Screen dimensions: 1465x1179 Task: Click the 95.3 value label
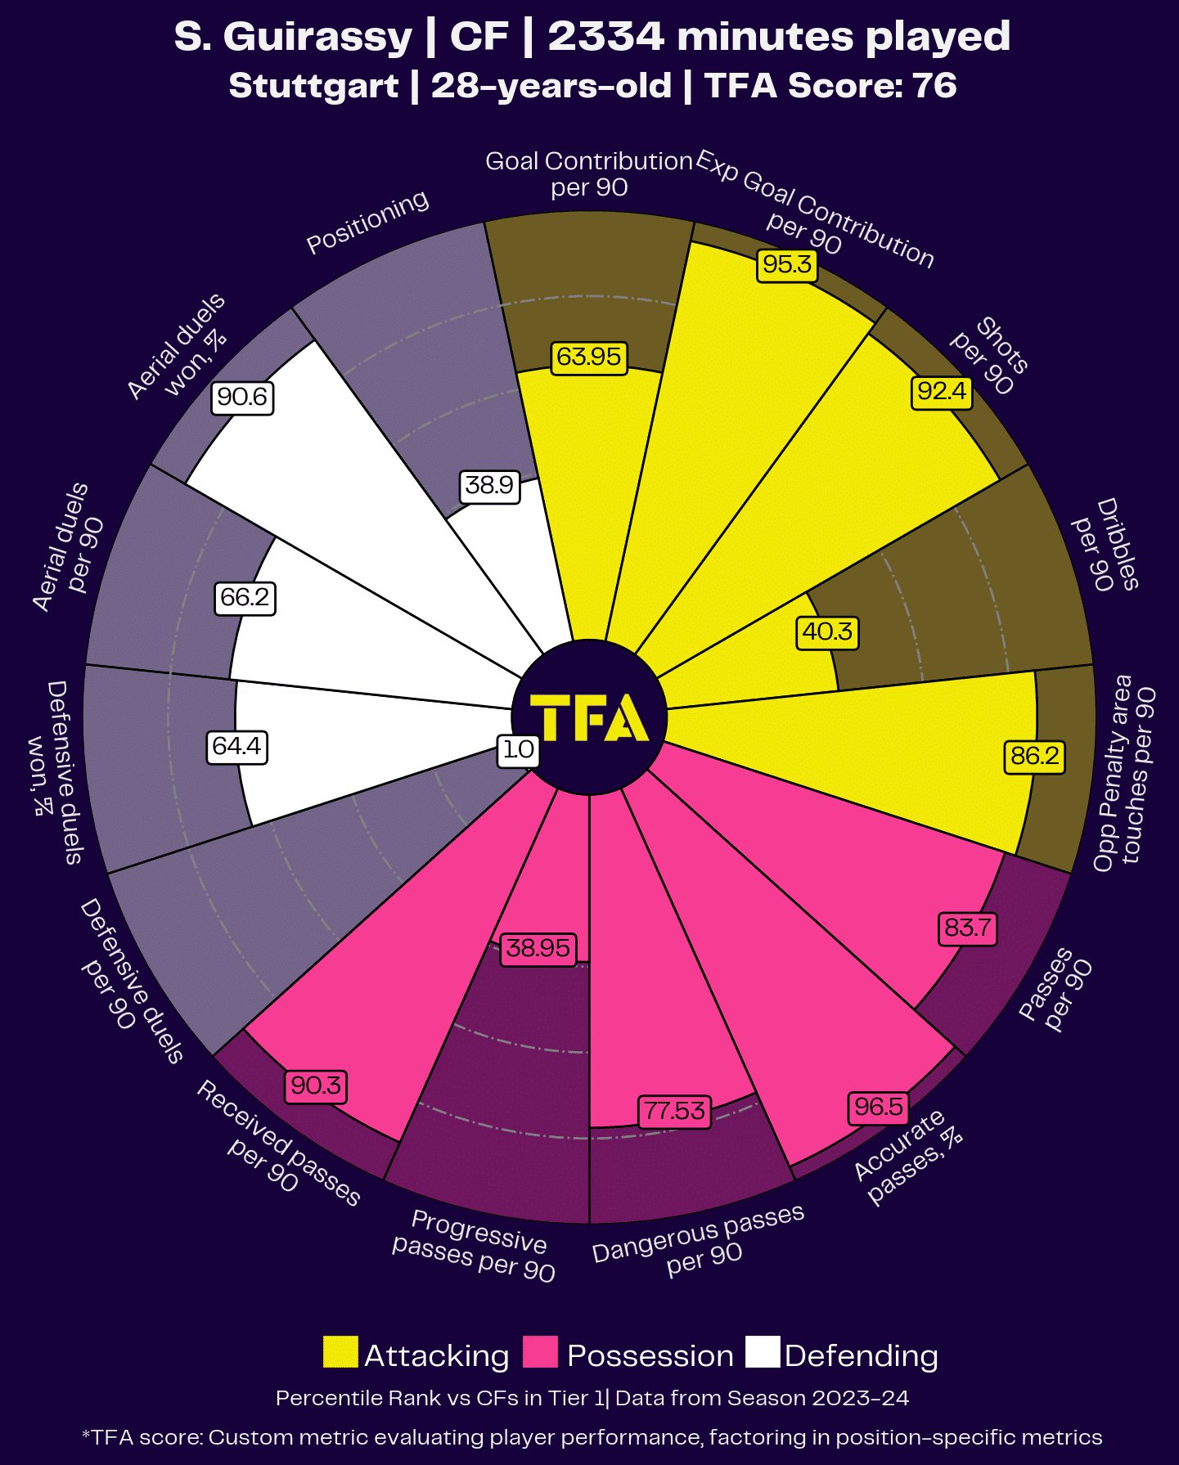pos(787,264)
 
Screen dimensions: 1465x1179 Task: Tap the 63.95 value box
pos(589,357)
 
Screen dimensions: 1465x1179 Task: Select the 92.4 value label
pos(942,392)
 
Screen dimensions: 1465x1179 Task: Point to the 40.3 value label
pos(828,632)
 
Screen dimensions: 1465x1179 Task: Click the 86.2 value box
pos(1035,756)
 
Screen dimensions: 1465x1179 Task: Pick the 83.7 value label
pos(967,928)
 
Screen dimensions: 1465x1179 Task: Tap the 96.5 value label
pos(879,1108)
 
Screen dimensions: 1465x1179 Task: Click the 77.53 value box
pos(674,1111)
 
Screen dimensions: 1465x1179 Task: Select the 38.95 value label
pos(538,949)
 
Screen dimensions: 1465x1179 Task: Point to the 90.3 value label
pos(316,1086)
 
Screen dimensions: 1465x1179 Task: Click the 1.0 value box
pos(518,749)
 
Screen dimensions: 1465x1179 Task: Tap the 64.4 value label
pos(236,747)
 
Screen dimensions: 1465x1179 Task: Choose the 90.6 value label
pos(242,398)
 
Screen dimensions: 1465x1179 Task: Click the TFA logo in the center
pos(589,717)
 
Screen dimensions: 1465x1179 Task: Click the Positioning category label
pos(367,222)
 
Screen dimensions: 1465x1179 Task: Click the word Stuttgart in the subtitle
pos(313,86)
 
